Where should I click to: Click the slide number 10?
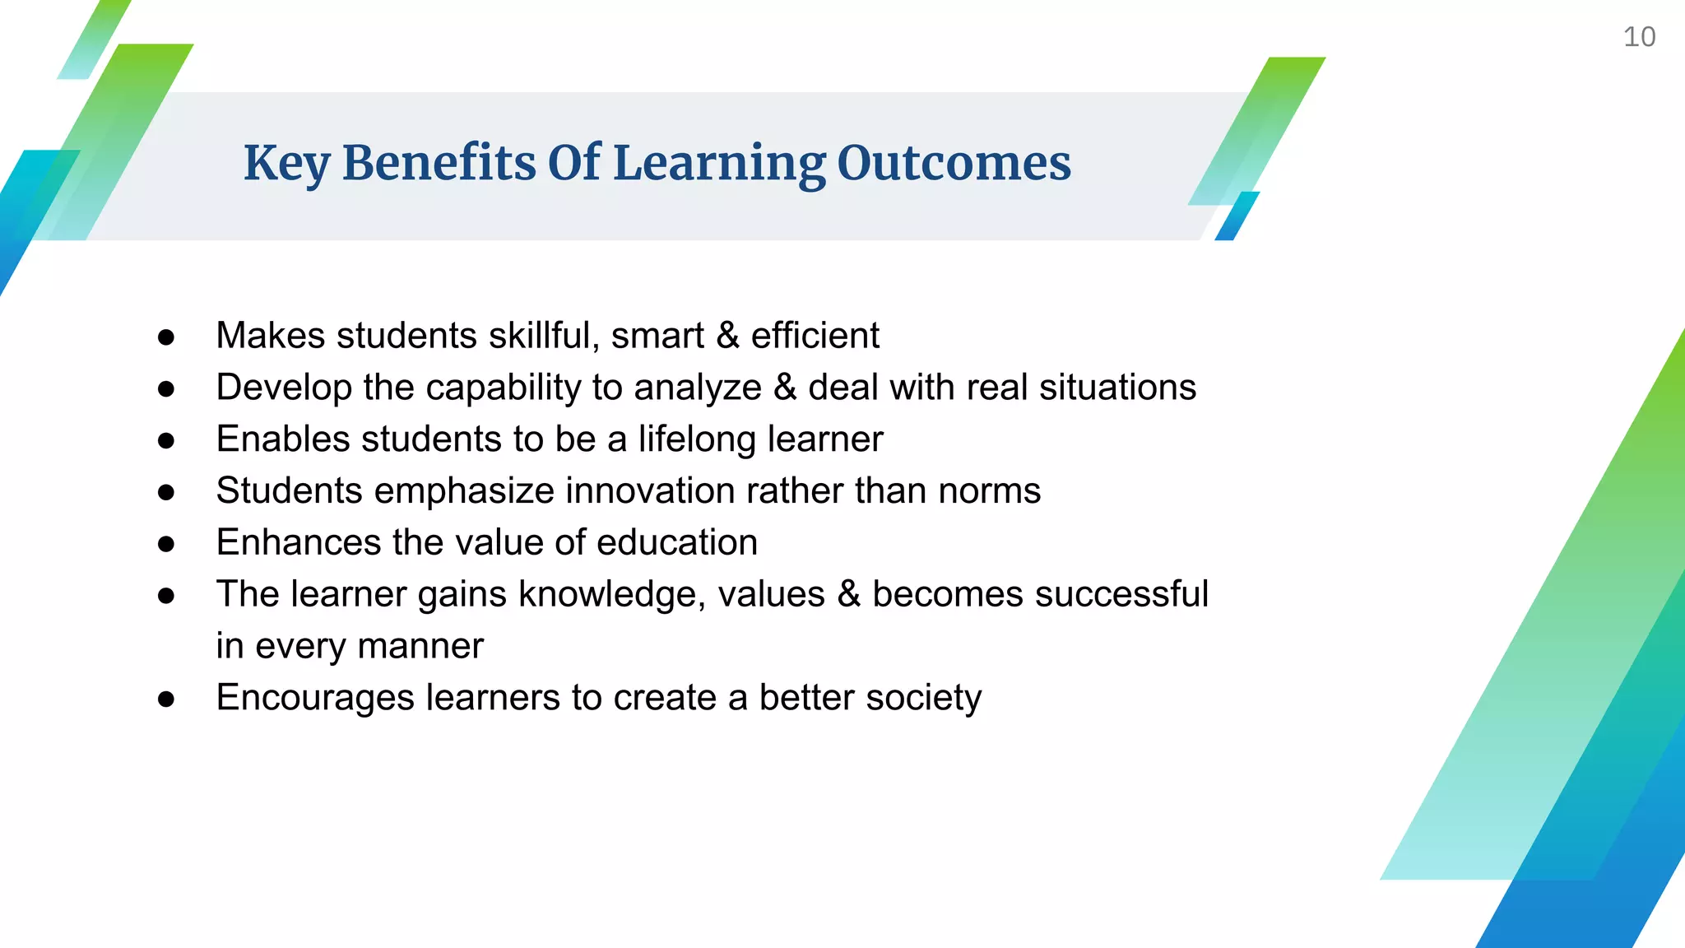1639,37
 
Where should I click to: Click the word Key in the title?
286,163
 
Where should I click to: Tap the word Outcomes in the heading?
954,163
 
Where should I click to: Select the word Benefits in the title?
439,163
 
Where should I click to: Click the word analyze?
697,388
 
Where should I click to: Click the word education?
676,543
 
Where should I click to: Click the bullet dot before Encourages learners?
166,699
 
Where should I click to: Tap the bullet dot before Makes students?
166,337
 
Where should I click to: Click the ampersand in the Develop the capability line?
785,388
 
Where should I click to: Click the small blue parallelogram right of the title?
1237,216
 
